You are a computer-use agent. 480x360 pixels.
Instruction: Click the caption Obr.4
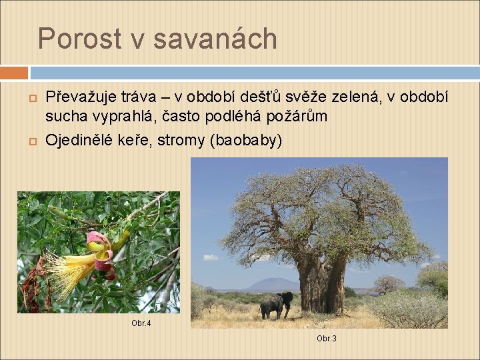(141, 323)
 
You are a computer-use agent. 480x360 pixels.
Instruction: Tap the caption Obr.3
(326, 339)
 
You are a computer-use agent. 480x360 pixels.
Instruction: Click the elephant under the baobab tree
(275, 305)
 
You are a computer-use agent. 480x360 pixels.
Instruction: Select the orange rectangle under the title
(14, 72)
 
